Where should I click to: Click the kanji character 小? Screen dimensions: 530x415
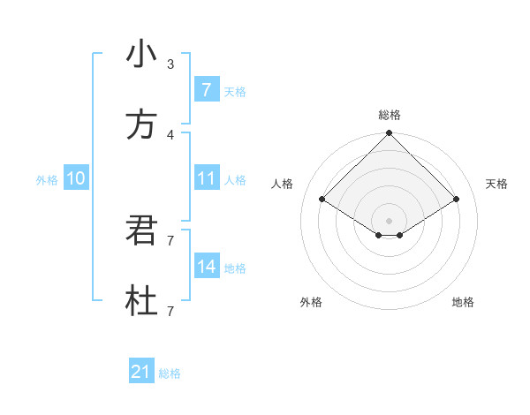coord(141,55)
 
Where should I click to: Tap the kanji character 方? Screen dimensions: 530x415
coord(141,125)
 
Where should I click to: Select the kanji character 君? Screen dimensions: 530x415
coord(141,230)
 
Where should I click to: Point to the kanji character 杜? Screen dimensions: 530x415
coord(141,302)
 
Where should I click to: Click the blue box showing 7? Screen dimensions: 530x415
coord(206,89)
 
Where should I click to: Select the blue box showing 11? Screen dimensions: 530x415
coord(206,178)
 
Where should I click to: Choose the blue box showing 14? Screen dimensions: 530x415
coord(206,267)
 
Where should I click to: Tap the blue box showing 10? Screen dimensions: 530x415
coord(76,178)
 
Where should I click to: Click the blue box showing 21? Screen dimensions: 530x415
coord(141,373)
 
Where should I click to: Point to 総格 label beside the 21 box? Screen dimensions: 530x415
coord(170,373)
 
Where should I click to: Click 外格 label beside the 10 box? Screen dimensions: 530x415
coord(47,179)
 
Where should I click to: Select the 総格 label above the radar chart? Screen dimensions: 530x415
coord(390,115)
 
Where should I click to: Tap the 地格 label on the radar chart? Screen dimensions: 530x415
coord(463,302)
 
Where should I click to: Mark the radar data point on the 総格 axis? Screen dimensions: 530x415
coord(390,134)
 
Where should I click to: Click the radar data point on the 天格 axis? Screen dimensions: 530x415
coord(457,200)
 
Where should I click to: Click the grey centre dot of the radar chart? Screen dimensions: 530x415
coord(390,220)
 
